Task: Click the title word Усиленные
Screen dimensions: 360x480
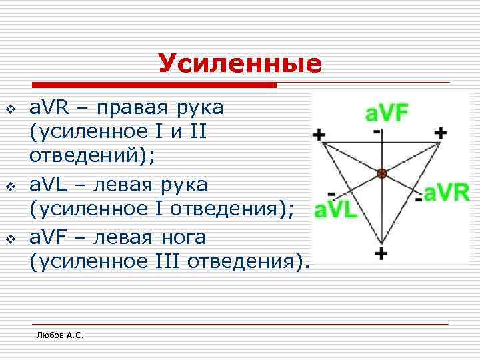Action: [239, 64]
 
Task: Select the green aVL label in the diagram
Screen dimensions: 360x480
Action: [336, 210]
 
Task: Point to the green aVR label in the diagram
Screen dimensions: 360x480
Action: [447, 193]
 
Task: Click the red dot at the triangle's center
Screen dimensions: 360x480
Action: [381, 173]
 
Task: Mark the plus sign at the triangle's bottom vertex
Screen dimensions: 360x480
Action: [381, 254]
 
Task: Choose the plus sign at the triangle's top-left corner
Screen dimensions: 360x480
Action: [319, 135]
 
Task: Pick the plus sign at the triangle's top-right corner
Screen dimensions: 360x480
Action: [440, 132]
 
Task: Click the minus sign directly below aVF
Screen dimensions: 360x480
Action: [378, 132]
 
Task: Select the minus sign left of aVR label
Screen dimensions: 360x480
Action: [418, 199]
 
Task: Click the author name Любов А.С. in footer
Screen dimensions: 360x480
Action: [60, 336]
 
